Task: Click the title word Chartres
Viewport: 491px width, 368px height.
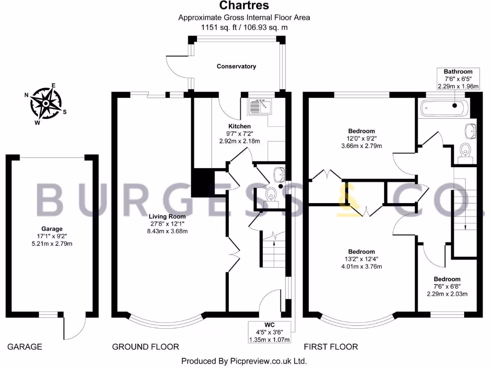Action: coord(244,6)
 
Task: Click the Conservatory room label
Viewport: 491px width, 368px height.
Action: coord(236,66)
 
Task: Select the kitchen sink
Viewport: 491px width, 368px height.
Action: coord(259,105)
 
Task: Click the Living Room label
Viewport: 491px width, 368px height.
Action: coord(167,216)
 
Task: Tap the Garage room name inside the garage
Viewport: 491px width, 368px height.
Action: coord(52,229)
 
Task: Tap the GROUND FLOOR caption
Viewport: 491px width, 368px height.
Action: coord(145,346)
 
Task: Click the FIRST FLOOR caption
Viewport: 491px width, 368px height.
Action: coord(331,346)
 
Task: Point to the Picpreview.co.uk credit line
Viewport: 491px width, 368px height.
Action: coord(244,361)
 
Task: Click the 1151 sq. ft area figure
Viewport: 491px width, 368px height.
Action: coord(222,27)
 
